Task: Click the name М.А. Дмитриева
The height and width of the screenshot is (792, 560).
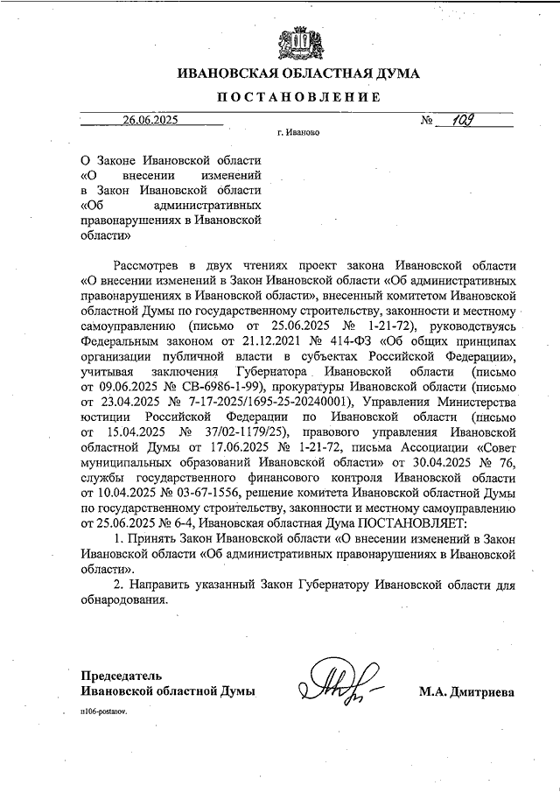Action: tap(466, 691)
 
